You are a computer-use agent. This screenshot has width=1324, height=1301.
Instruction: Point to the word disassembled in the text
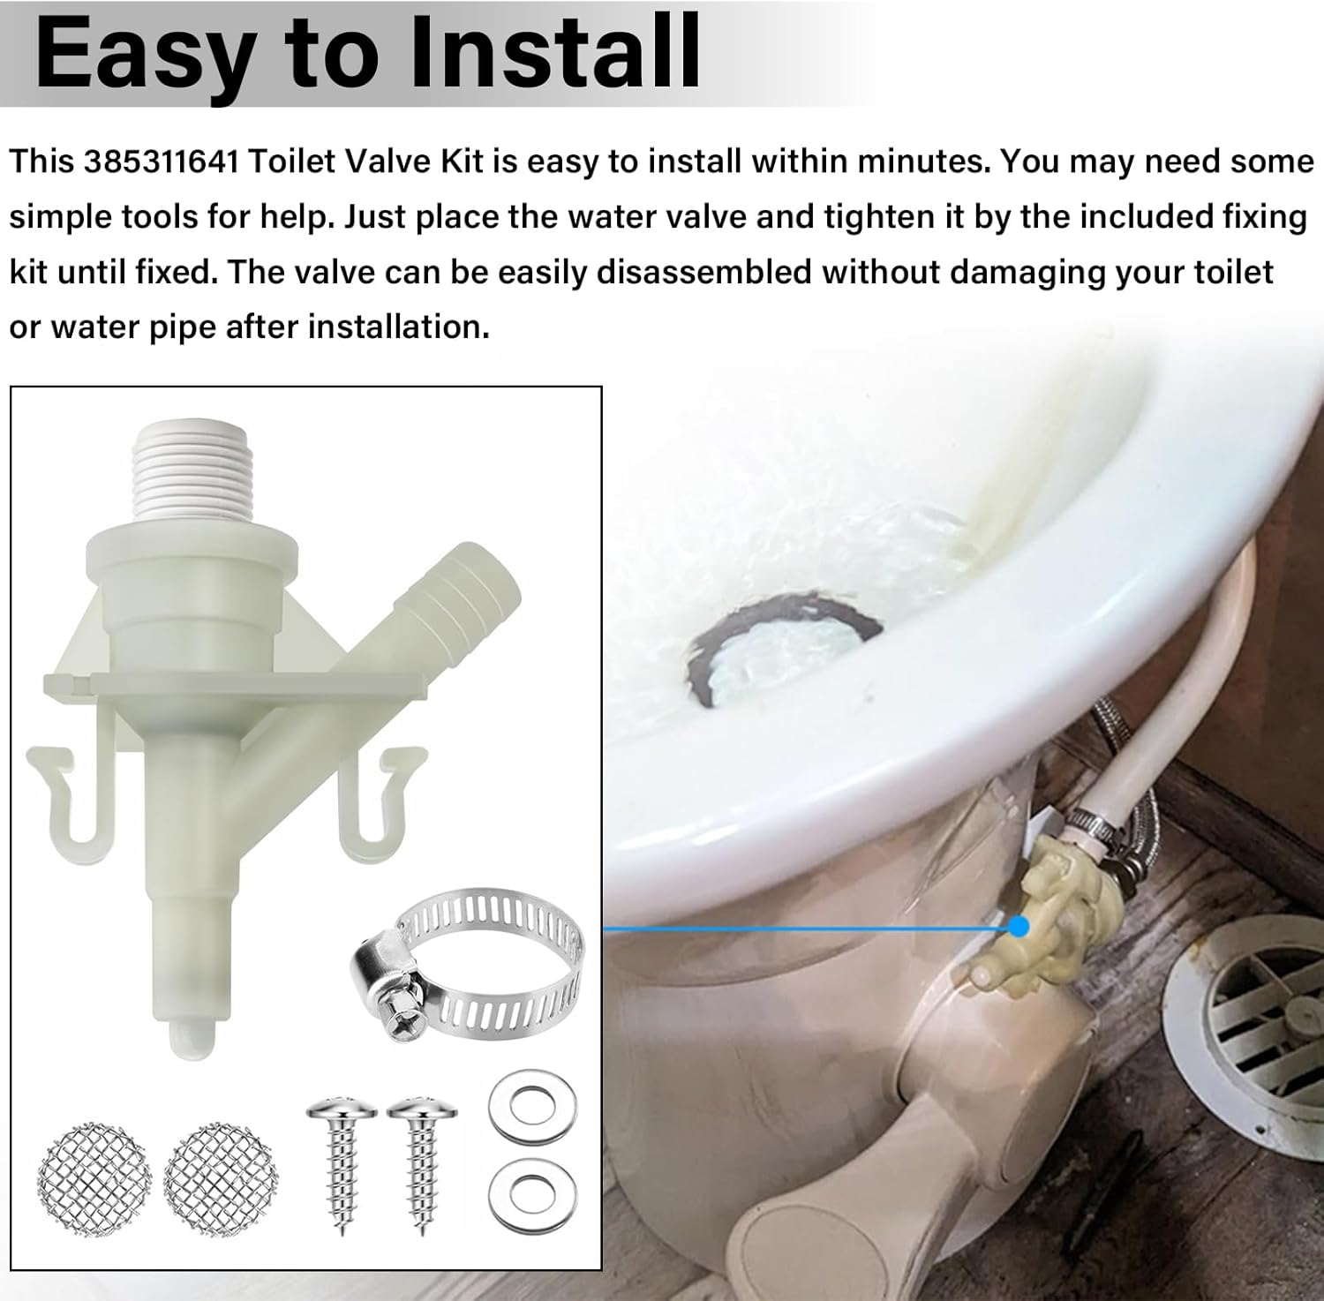[x=703, y=273]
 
